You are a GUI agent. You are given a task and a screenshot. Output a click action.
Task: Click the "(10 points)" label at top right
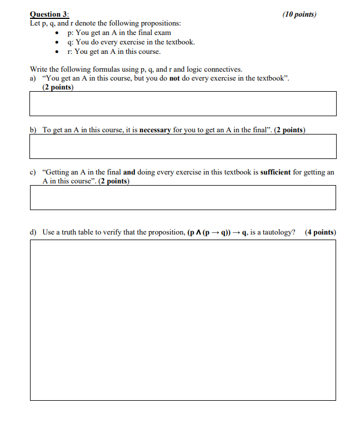(299, 14)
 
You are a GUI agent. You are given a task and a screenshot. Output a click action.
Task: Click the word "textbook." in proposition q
(180, 42)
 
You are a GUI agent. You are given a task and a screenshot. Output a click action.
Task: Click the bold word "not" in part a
(176, 78)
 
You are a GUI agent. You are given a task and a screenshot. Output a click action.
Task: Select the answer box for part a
(183, 103)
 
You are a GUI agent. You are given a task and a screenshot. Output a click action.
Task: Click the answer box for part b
(183, 146)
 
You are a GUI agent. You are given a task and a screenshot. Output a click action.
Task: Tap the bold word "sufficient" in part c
(276, 172)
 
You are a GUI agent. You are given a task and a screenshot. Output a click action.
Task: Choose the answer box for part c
(183, 197)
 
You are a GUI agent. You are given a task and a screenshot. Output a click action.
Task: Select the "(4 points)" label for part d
(321, 232)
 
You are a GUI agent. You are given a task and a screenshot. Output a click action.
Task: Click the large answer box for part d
(183, 320)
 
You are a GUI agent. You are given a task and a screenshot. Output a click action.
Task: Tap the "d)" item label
(33, 232)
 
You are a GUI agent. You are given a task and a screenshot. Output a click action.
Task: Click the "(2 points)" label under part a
(58, 87)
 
